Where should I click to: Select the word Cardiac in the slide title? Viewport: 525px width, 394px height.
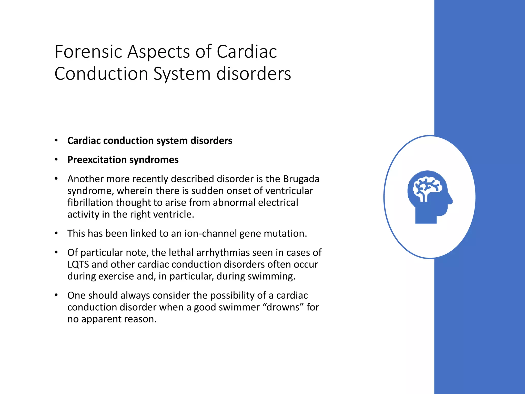click(x=247, y=52)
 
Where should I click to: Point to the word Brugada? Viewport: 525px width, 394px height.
click(x=301, y=179)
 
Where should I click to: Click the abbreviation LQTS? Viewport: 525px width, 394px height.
click(x=78, y=264)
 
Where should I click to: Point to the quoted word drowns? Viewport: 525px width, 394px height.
click(x=283, y=307)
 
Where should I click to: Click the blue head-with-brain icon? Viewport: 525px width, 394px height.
click(x=430, y=197)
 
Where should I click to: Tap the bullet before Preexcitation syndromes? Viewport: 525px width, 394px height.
click(x=56, y=160)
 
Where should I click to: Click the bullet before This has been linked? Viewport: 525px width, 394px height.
click(x=56, y=233)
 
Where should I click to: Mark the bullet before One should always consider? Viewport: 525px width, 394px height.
click(x=56, y=295)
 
